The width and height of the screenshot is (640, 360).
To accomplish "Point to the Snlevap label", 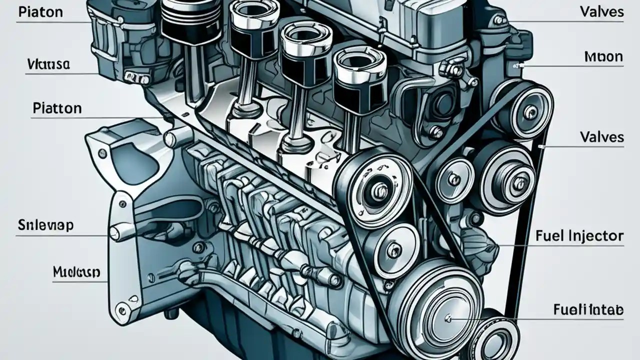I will [x=45, y=225].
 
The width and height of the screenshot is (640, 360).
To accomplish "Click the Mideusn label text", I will [x=76, y=272].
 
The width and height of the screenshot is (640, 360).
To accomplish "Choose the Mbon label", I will [x=603, y=56].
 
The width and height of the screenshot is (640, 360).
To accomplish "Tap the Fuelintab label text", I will [x=588, y=310].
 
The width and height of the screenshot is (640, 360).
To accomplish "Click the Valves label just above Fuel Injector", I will [x=601, y=136].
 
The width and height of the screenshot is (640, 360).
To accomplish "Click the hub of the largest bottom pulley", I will [x=446, y=316].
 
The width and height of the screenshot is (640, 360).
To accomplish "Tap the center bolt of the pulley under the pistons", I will [x=378, y=189].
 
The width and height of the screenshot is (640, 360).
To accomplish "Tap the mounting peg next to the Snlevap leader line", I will [x=116, y=232].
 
